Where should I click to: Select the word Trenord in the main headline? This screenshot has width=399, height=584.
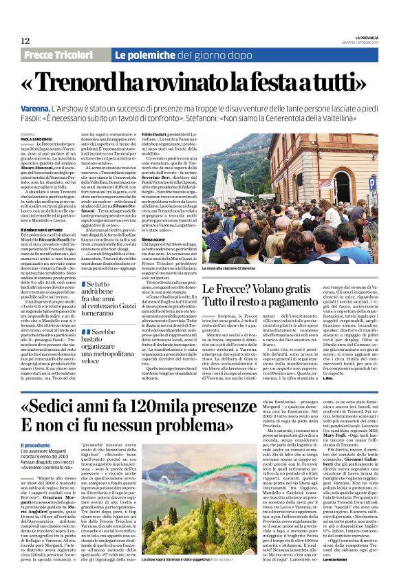(96, 84)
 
